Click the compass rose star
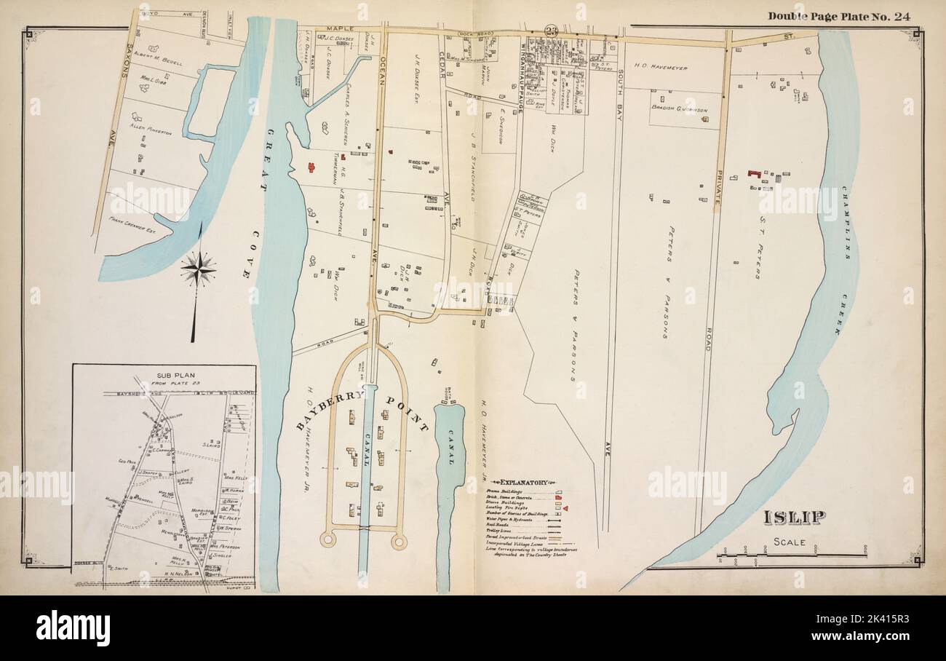point(198,269)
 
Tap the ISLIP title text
point(795,518)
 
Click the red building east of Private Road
point(755,174)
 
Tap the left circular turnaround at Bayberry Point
point(327,539)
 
